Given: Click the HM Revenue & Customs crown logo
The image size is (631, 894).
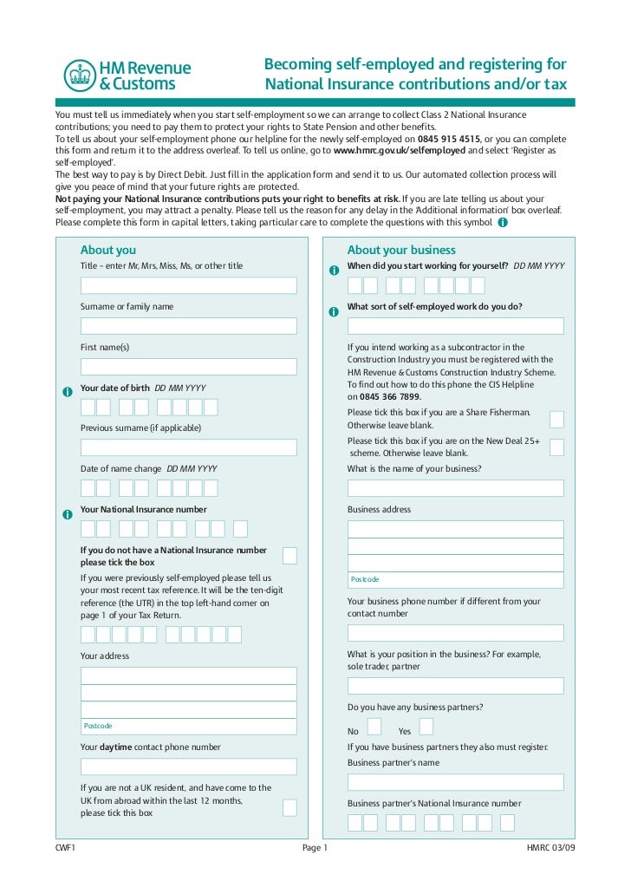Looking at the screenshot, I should point(80,75).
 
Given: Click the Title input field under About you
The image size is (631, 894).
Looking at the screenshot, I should point(188,286).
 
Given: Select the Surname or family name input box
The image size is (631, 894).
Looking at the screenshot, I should point(188,326).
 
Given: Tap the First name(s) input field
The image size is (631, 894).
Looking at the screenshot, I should point(188,367).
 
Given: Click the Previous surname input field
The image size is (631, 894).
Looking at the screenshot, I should point(188,447).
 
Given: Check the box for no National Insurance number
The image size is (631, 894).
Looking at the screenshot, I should point(289,556).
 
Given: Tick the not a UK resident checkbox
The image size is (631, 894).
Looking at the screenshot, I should point(289,807).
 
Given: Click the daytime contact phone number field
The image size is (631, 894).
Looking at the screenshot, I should point(188,767).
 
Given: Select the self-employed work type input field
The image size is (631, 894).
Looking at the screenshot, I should point(455,326).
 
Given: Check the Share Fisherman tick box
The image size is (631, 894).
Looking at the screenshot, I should point(556,420).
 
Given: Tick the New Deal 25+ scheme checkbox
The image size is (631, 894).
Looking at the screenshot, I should point(556,447).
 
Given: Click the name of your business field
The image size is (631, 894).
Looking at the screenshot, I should point(455,488).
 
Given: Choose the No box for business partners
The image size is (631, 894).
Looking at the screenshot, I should point(374,727).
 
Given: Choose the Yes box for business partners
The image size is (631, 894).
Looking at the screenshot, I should point(426,727).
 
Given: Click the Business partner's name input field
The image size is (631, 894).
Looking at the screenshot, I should point(455,782).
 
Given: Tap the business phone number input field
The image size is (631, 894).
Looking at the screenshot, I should point(455,633).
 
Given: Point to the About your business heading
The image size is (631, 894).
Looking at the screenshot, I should point(401,251).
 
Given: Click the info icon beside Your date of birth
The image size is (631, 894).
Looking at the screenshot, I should point(68,392).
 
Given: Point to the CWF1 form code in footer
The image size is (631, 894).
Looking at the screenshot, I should point(66,848).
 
